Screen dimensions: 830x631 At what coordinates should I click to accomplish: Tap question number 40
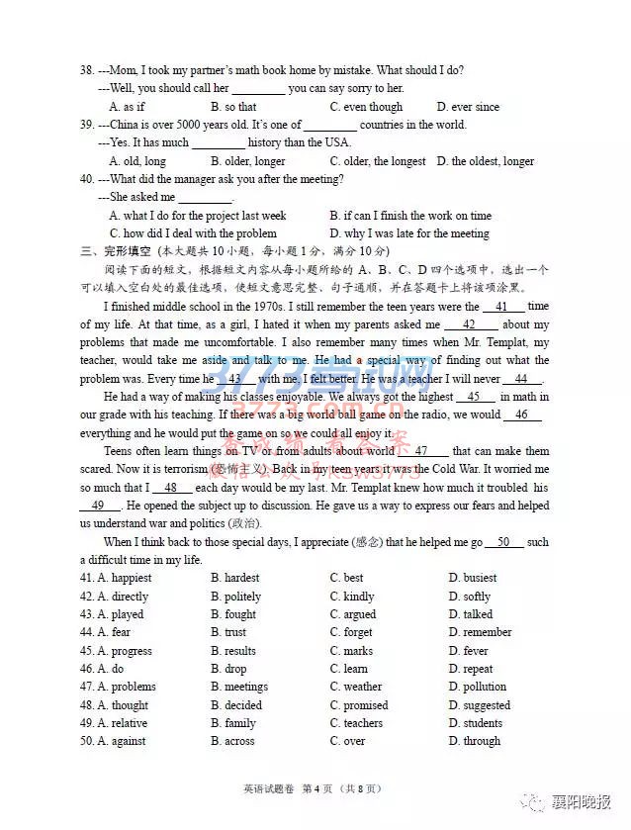coord(87,179)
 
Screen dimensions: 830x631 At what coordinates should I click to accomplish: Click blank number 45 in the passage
coord(474,397)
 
